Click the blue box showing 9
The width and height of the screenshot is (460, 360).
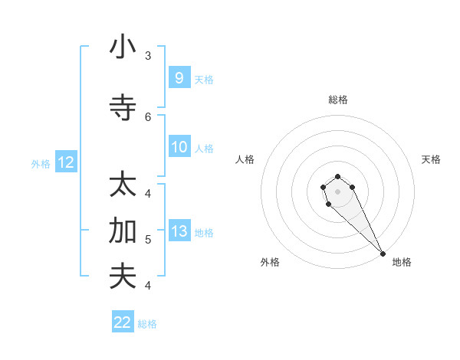[179, 78]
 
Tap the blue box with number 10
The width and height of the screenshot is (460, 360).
[179, 147]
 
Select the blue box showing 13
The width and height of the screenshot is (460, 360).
[179, 231]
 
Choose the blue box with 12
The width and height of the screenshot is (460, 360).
[66, 162]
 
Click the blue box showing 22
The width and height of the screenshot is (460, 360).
[123, 322]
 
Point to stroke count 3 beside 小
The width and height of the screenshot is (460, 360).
[148, 56]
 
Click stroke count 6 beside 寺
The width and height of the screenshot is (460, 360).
[148, 117]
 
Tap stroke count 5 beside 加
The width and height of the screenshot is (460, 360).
[148, 240]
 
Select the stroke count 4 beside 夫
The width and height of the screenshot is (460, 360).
[148, 286]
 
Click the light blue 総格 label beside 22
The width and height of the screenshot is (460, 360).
[147, 324]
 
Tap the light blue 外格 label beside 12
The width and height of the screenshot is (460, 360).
[41, 163]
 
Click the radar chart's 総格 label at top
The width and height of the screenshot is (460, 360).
[338, 100]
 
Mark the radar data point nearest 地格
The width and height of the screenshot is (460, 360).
[383, 254]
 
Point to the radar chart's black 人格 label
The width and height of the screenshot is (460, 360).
[245, 159]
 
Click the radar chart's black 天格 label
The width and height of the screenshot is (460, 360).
[432, 159]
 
